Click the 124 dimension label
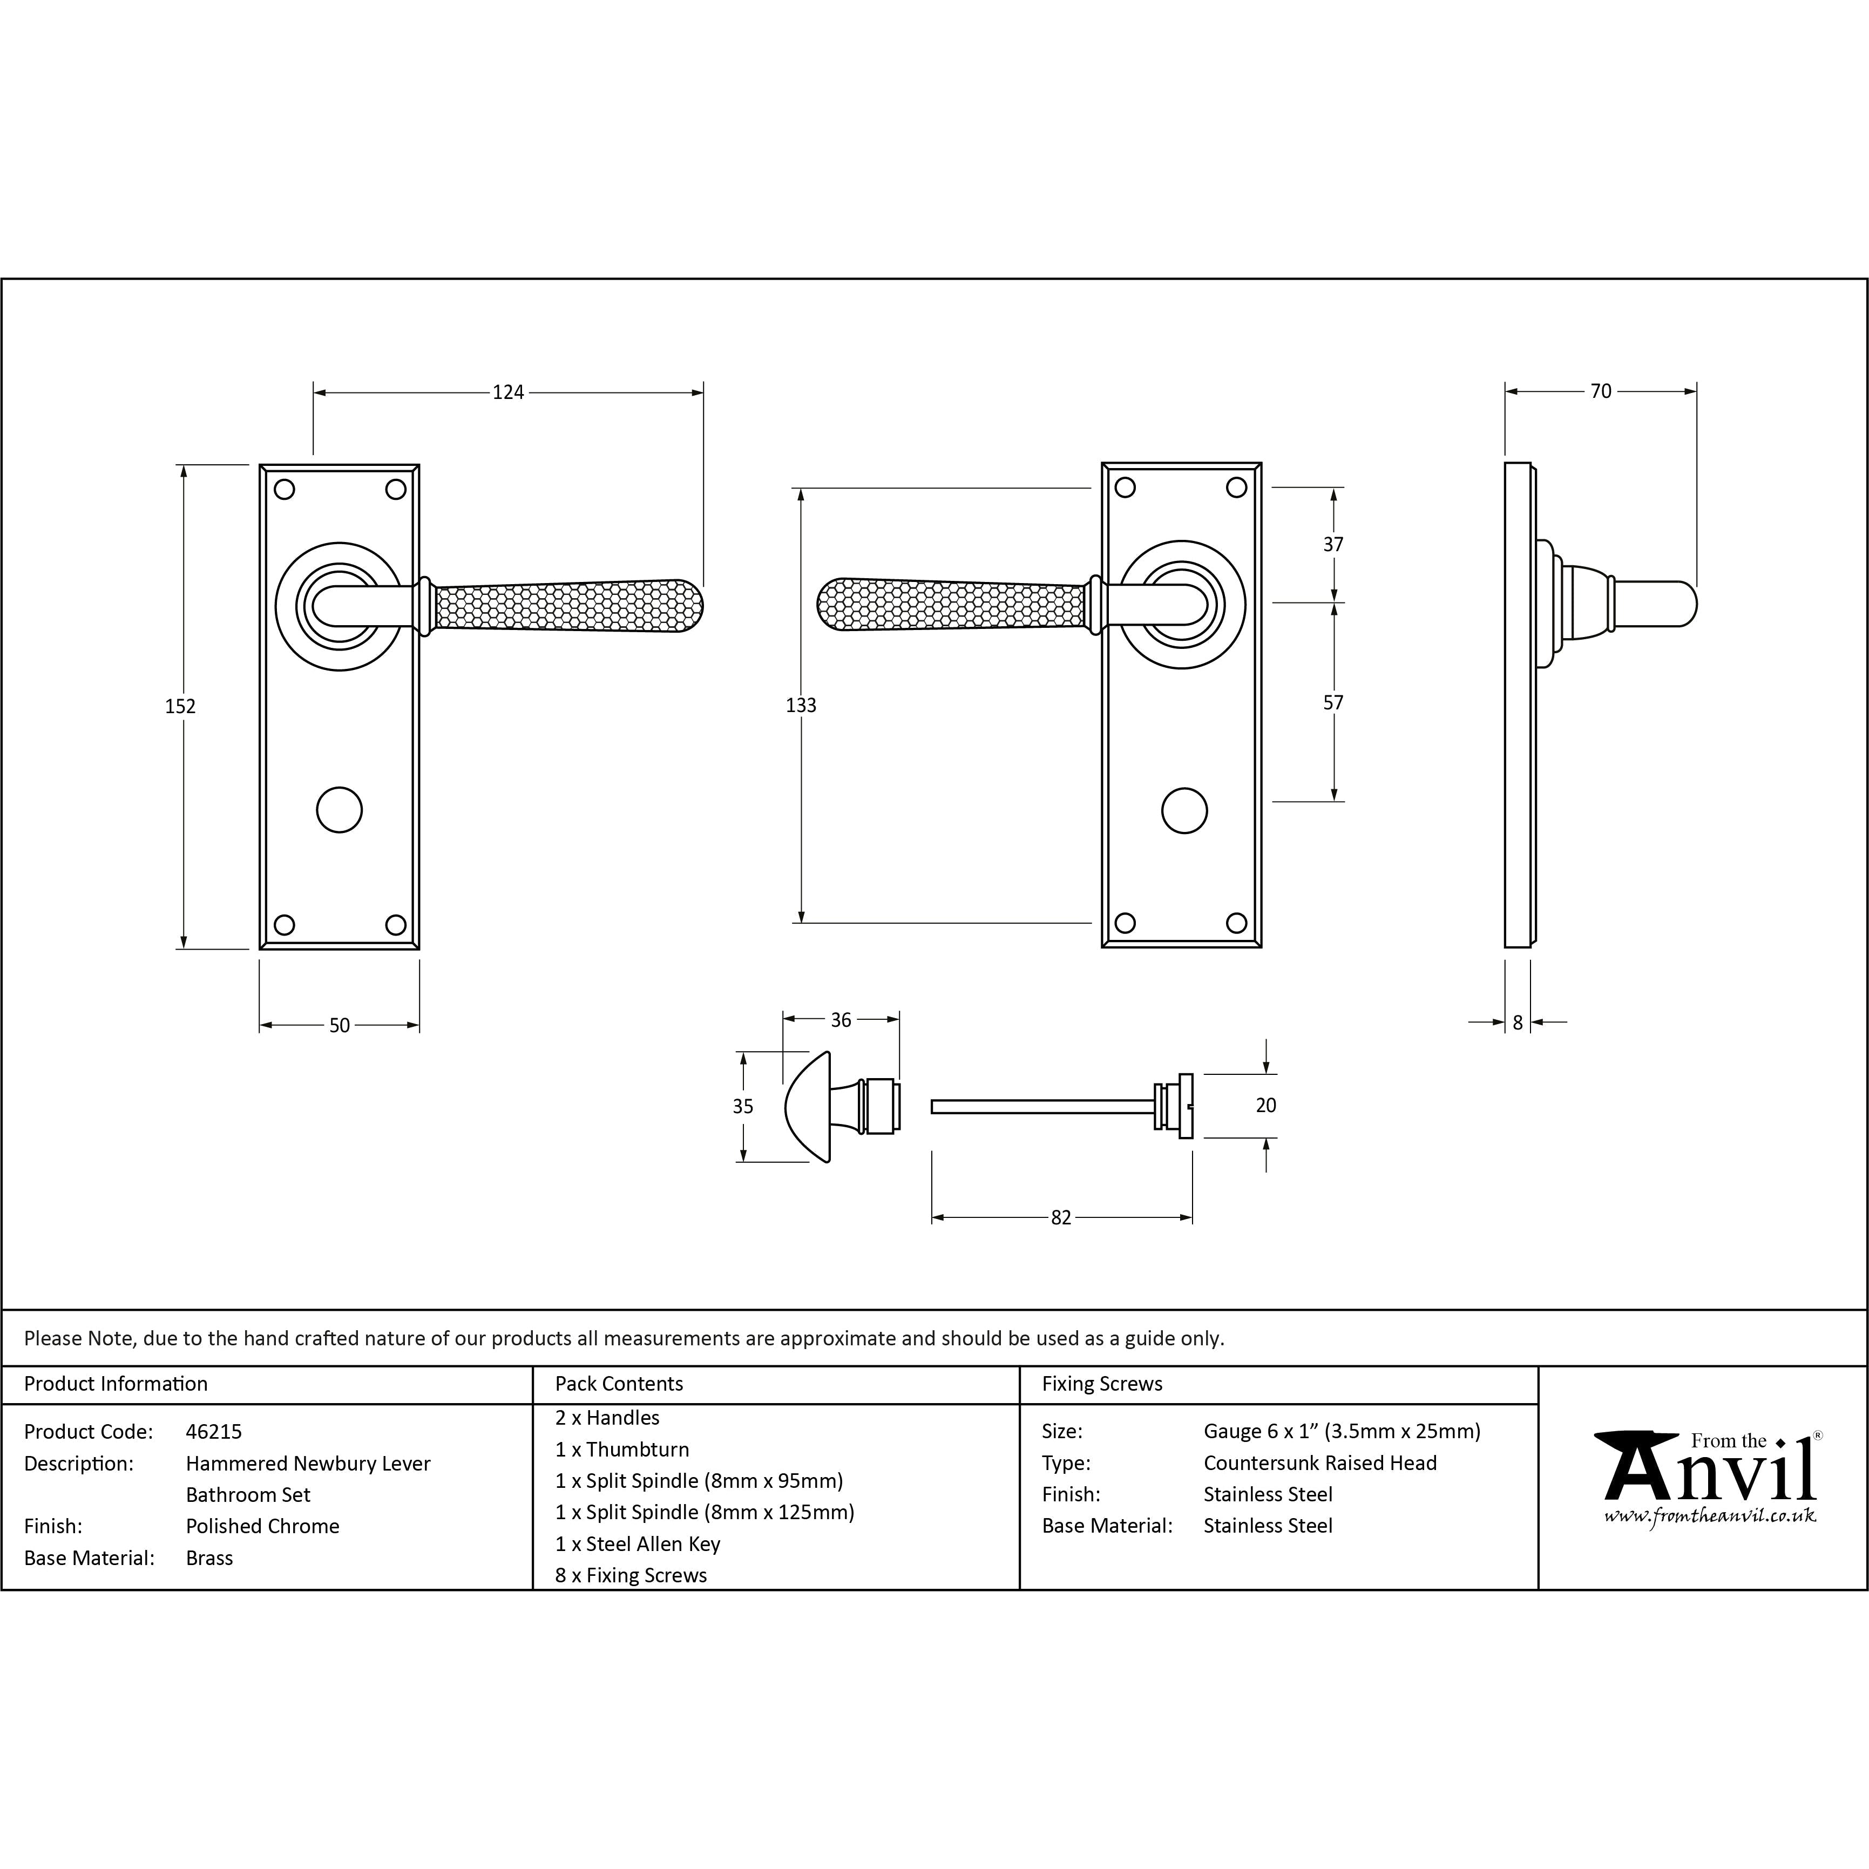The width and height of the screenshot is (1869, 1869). point(508,392)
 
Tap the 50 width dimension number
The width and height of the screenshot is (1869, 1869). point(340,1025)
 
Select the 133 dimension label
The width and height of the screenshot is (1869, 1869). point(801,705)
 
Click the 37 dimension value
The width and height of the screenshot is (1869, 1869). point(1333,545)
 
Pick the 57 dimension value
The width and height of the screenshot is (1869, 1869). point(1333,702)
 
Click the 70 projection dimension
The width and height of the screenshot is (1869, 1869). point(1601,391)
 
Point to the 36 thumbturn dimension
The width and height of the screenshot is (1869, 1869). point(841,1020)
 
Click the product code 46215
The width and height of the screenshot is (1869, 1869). point(214,1432)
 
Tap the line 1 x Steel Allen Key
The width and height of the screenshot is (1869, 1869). point(638,1544)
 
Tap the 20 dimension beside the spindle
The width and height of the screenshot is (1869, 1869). point(1265,1105)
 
